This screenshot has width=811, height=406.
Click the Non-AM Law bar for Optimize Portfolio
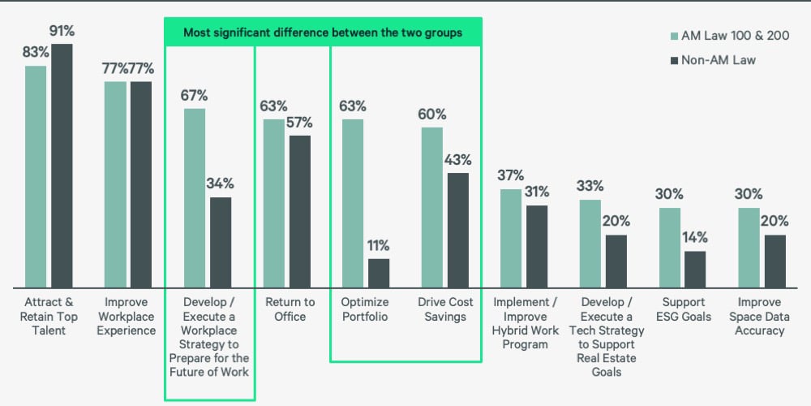379,274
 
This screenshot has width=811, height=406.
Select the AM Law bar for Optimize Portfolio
353,204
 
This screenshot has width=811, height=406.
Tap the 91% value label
62,32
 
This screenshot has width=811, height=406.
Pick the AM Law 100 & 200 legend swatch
675,36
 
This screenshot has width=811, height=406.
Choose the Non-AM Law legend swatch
675,59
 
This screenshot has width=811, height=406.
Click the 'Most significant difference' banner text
323,32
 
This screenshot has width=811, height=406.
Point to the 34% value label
221,184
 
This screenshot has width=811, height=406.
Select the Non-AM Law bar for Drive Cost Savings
458,231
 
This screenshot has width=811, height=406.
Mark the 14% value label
695,238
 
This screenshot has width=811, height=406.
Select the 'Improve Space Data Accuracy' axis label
760,317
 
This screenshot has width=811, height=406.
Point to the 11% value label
379,245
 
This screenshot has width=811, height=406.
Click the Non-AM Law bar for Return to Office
300,212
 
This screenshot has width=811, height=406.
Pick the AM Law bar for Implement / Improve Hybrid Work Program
511,239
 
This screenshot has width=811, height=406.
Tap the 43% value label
458,160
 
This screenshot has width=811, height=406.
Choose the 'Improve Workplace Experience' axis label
127,317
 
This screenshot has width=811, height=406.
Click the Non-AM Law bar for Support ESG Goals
695,270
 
